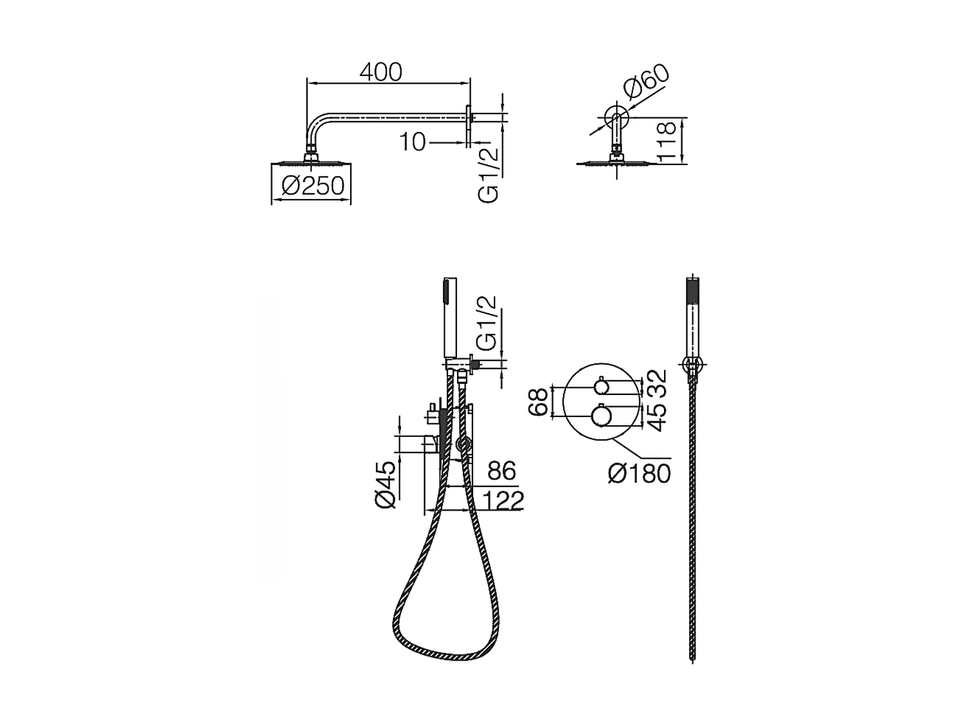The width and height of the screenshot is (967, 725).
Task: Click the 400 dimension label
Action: (380, 72)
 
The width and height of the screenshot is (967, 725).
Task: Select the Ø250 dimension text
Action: (313, 186)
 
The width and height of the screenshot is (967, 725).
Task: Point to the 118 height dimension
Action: (666, 141)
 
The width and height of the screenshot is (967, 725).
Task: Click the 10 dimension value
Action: (413, 142)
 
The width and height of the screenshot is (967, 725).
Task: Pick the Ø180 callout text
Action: (640, 474)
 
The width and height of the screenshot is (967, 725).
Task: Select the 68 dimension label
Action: (538, 401)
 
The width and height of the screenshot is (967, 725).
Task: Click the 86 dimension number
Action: (502, 470)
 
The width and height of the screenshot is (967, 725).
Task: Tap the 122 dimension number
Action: (503, 500)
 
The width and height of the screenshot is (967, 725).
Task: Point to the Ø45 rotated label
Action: (386, 485)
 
